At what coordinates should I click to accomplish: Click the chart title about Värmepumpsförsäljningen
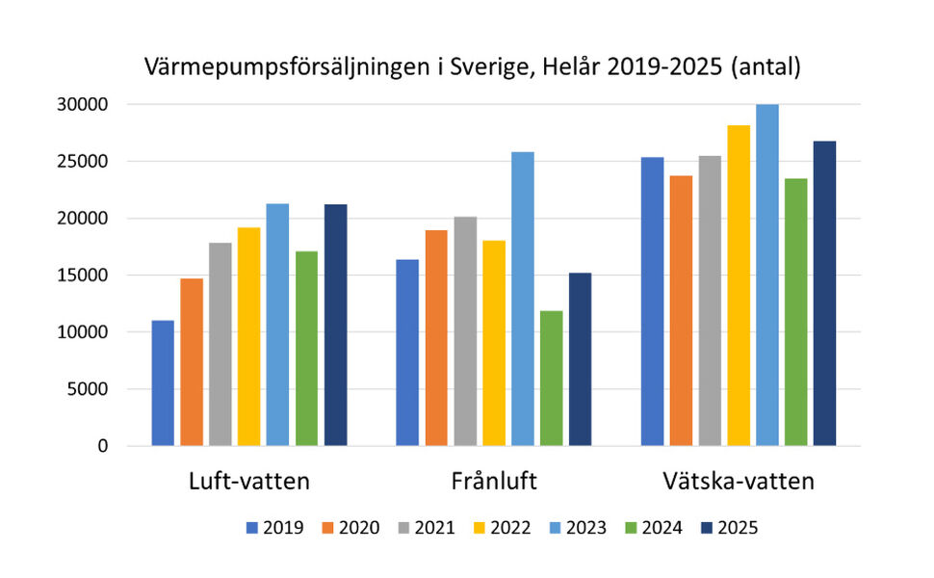point(472,67)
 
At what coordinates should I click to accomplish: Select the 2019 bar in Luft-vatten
point(163,382)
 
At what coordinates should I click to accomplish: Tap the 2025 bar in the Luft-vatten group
point(336,325)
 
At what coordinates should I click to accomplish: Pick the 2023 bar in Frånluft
point(523,299)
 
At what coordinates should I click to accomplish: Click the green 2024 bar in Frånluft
point(552,378)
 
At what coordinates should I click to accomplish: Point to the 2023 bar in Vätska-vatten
point(767,275)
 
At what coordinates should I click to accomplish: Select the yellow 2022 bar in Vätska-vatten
point(739,285)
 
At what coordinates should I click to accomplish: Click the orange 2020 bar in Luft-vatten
point(192,361)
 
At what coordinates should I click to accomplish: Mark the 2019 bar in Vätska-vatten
point(652,301)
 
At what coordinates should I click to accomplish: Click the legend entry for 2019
point(276,528)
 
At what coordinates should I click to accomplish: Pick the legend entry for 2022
point(503,528)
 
